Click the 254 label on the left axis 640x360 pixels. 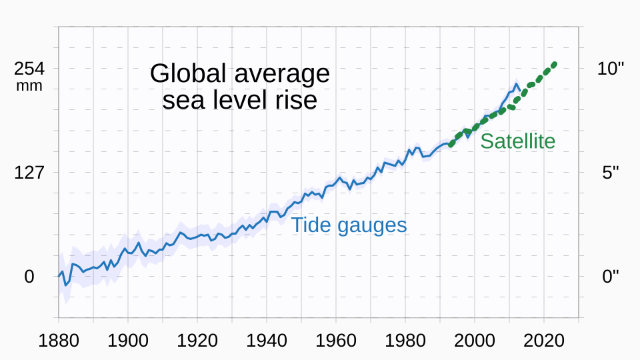[x=29, y=69]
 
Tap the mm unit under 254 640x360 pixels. [x=29, y=86]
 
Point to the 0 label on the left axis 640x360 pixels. [x=29, y=277]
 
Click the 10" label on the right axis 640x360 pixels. [x=611, y=69]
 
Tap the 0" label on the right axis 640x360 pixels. [x=611, y=277]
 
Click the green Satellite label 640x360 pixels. [x=517, y=141]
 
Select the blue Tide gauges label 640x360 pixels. [x=348, y=225]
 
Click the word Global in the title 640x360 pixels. [x=186, y=74]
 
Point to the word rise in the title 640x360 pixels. [x=295, y=101]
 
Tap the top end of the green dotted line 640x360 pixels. [x=554, y=64]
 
